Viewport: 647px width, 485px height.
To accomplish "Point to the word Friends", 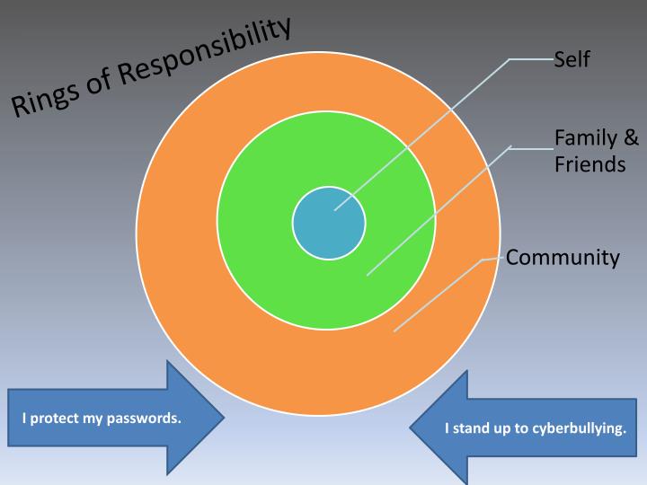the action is pyautogui.click(x=589, y=165).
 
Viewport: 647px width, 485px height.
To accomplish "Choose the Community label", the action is pyautogui.click(x=563, y=259).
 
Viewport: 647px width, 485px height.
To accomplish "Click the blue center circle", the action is pyautogui.click(x=329, y=223).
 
